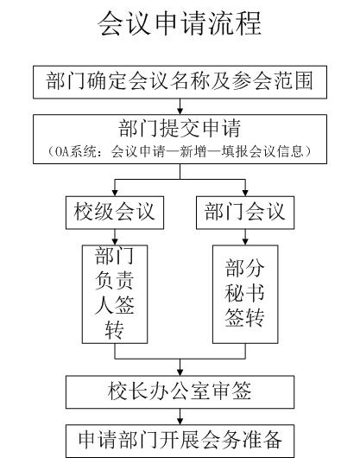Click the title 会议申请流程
click(x=180, y=23)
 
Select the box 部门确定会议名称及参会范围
click(x=180, y=82)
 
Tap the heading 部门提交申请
click(x=180, y=128)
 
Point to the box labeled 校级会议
click(x=115, y=213)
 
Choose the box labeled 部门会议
click(x=245, y=213)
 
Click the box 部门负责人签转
click(x=115, y=294)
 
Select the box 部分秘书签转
click(x=245, y=294)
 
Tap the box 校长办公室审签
click(x=180, y=391)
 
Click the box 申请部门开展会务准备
click(x=180, y=441)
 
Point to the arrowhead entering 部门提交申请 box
click(x=180, y=111)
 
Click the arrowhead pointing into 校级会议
click(x=115, y=193)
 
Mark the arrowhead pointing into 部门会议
click(x=245, y=193)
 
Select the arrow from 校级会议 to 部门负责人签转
click(x=115, y=237)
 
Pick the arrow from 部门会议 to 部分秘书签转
click(x=245, y=237)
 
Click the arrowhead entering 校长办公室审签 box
click(x=180, y=372)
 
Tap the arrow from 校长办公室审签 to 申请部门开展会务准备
click(x=180, y=417)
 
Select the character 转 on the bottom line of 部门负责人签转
click(x=115, y=330)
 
